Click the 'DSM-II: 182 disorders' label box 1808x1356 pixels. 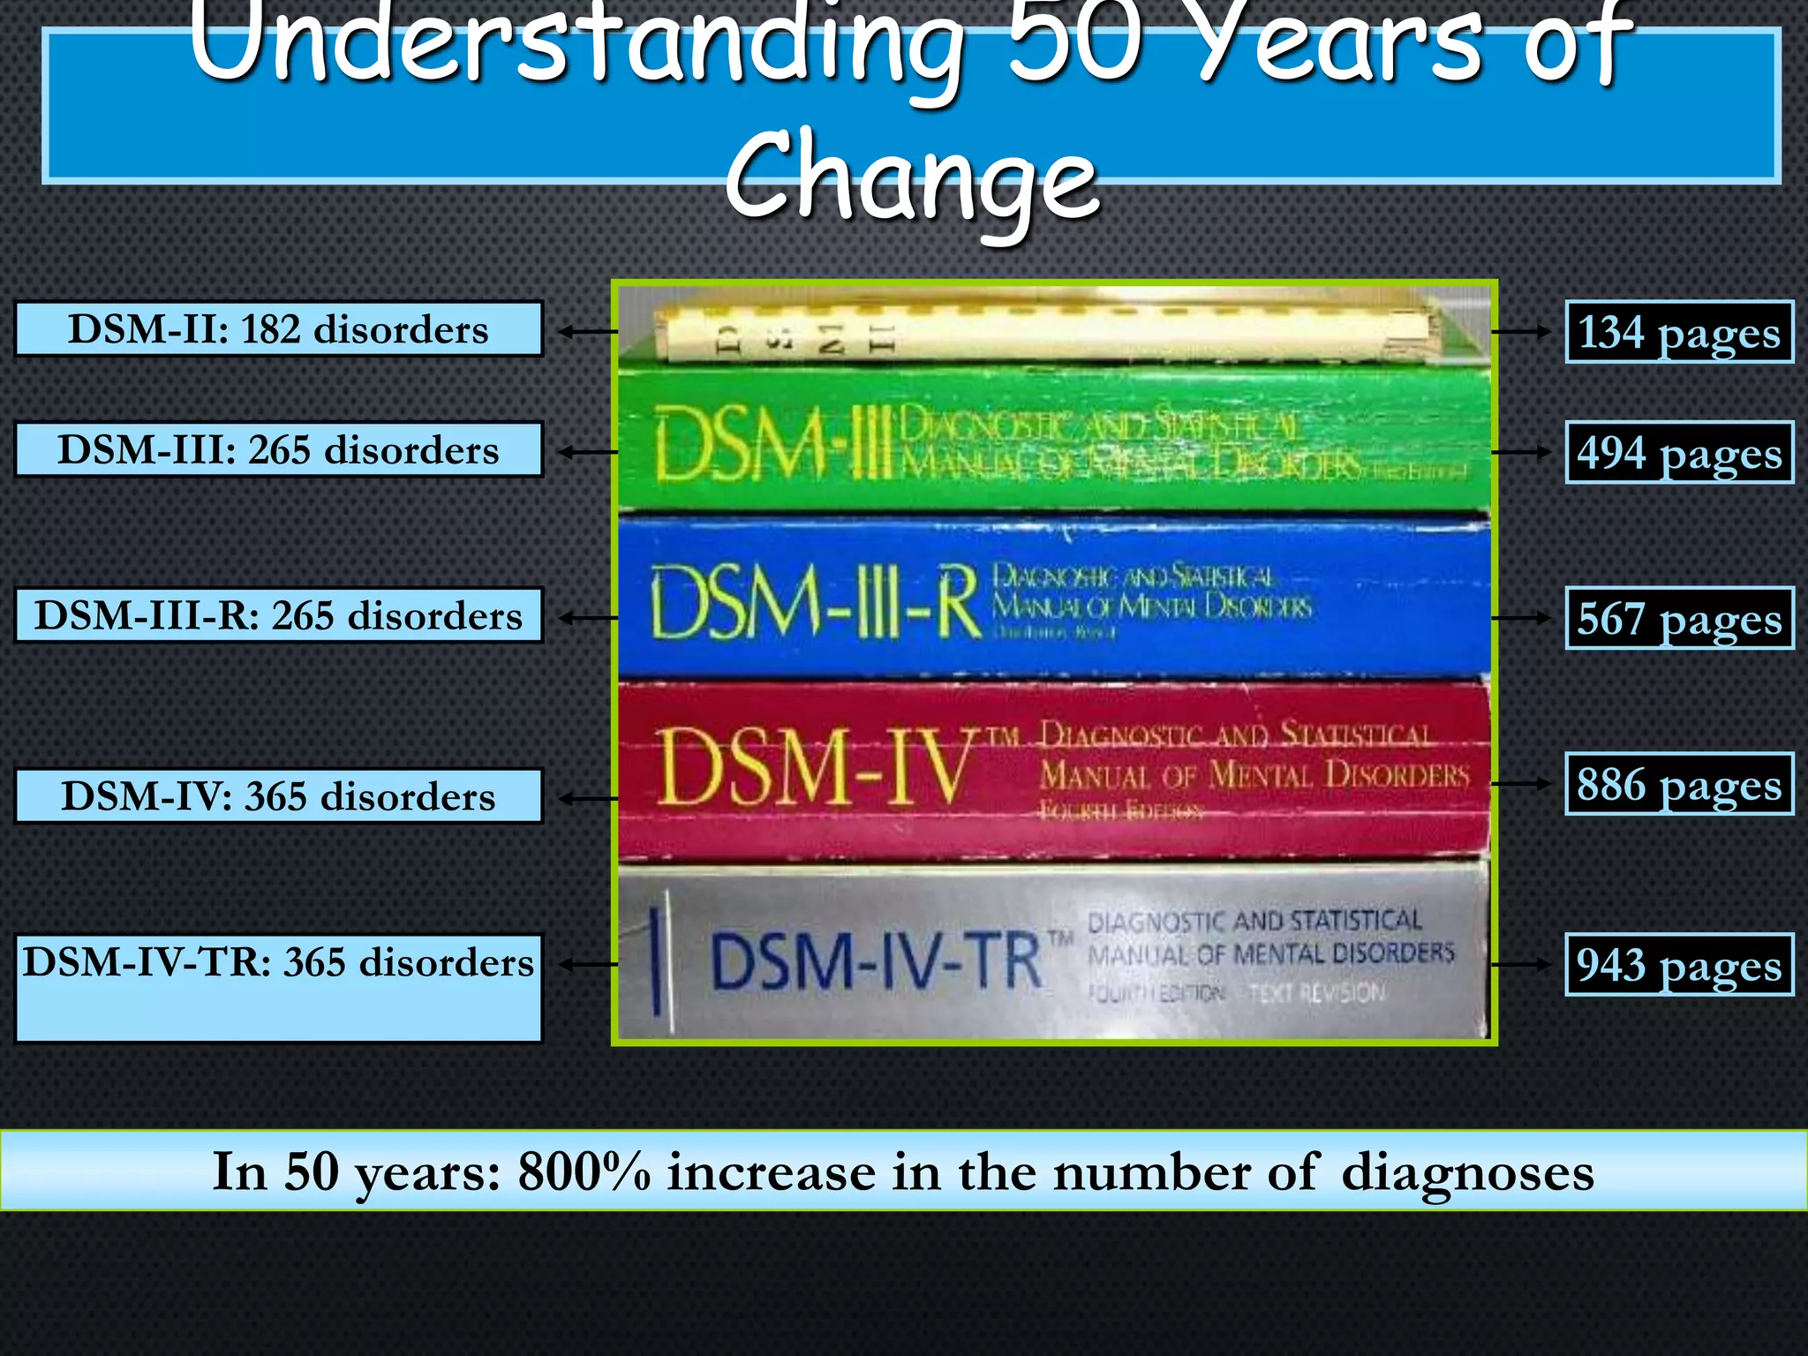[278, 329]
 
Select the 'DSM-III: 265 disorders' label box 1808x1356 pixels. [278, 449]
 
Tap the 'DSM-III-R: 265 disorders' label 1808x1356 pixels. [278, 615]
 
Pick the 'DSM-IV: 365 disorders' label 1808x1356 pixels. [278, 796]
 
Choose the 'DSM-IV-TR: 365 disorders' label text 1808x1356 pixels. [278, 962]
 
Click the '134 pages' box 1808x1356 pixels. [1679, 332]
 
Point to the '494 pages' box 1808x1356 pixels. [1679, 452]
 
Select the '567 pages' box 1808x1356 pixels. [1679, 618]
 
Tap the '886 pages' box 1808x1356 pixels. [1679, 784]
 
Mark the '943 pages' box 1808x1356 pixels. [1679, 964]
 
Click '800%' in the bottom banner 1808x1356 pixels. [584, 1171]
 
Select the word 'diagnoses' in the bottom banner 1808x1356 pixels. [1467, 1172]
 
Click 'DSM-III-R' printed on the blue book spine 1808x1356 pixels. [814, 602]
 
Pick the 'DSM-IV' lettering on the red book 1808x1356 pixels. [814, 766]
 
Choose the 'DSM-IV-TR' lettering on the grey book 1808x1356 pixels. [876, 960]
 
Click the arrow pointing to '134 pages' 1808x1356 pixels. [1520, 332]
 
